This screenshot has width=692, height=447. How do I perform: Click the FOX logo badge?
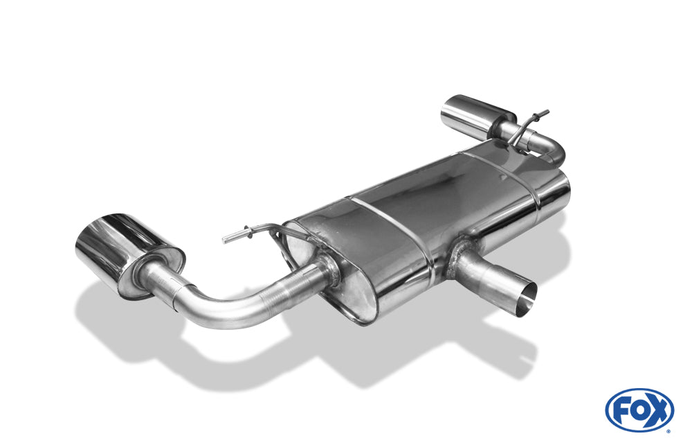(x=639, y=410)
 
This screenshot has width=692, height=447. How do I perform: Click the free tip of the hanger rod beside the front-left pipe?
(x=225, y=240)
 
